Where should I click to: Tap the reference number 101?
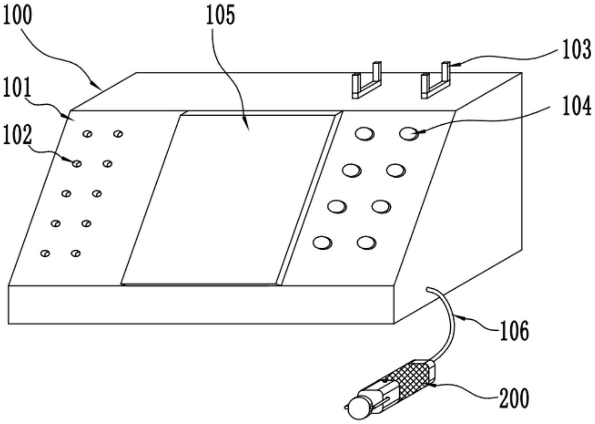coord(17,87)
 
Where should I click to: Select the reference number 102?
coord(17,135)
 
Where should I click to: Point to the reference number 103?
coord(576,50)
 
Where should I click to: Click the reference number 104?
coord(576,105)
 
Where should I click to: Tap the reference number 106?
coord(514,331)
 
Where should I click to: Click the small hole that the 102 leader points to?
coord(77,164)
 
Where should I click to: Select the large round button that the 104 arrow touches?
coord(409,134)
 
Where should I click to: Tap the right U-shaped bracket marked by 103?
coord(436,80)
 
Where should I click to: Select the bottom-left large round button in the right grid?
coord(322,243)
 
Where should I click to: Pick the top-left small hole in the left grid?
coord(87,134)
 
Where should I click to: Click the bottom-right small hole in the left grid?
coord(76,253)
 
